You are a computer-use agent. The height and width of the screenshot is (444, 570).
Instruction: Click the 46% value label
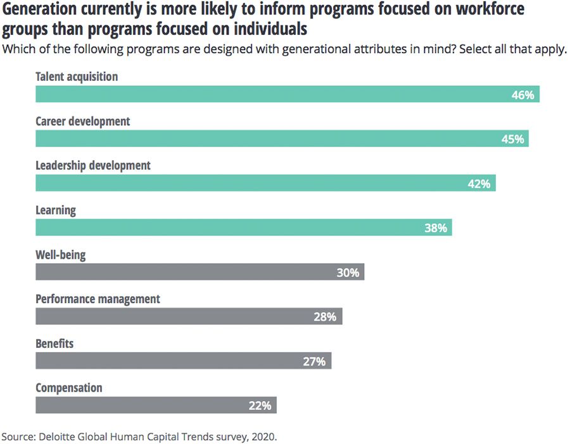pos(523,95)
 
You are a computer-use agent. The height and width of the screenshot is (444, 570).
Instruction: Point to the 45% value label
pos(512,139)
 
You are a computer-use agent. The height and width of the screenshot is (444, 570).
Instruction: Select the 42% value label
pos(479,183)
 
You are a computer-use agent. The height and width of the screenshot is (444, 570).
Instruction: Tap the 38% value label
pos(436,228)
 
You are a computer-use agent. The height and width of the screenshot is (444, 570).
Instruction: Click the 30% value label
pos(348,273)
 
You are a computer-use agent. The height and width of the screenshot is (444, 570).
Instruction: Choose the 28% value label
pos(325,317)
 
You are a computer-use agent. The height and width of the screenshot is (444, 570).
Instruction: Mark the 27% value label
pos(314,361)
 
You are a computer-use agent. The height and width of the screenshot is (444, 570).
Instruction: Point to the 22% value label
pos(260,405)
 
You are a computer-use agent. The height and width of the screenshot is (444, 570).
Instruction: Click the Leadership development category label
pos(93,166)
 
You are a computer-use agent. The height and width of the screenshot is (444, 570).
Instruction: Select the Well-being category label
pos(60,255)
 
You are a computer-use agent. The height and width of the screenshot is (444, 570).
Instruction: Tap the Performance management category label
pos(98,299)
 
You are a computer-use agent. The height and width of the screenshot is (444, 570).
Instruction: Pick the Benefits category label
pos(54,343)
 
